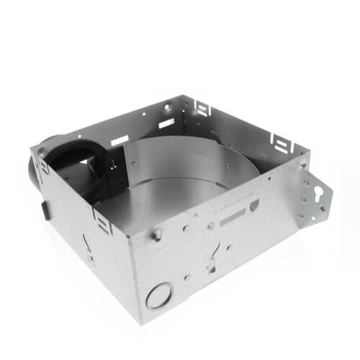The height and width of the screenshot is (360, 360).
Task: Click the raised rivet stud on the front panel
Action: pyautogui.click(x=156, y=234)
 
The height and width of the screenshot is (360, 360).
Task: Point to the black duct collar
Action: pyautogui.click(x=68, y=158)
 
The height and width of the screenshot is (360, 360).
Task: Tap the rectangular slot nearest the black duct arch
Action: pyautogui.click(x=120, y=141)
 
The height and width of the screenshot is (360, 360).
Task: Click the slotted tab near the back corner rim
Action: pyautogui.click(x=204, y=109)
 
